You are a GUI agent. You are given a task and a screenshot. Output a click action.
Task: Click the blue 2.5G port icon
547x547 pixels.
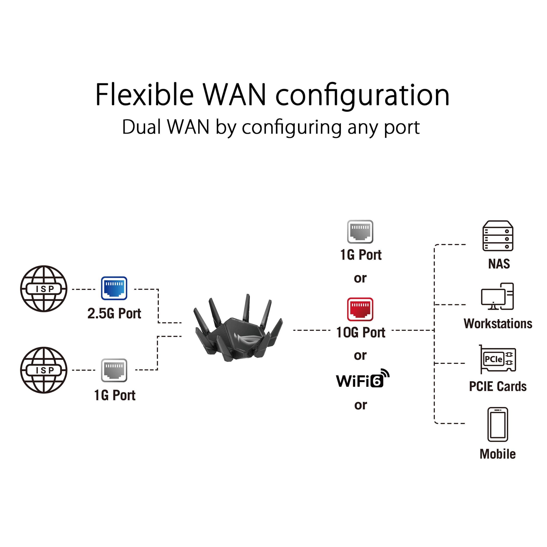coord(114,288)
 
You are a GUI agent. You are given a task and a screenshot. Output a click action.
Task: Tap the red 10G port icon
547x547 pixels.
coord(360,309)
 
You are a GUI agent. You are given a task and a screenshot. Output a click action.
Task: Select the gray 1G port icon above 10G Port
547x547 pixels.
coord(360,231)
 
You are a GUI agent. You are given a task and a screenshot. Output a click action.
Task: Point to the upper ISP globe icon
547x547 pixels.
coord(44,289)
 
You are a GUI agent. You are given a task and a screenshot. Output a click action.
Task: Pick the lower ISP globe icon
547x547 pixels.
coord(44,370)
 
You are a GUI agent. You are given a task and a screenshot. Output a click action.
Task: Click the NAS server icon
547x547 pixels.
coord(498,236)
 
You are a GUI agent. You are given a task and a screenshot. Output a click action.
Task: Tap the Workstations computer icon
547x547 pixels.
coord(497,296)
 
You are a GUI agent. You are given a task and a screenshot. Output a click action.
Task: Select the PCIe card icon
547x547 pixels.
coord(498,359)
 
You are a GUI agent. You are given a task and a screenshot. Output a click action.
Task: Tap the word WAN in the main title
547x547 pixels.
coord(234,95)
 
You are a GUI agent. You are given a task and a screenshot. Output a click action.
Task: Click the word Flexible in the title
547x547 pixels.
coord(144,95)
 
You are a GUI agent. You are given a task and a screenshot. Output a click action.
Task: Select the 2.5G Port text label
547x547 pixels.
coord(114,313)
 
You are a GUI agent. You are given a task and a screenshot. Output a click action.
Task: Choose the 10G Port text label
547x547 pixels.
coord(361,332)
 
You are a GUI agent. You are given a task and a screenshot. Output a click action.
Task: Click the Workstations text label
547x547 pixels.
coord(498,324)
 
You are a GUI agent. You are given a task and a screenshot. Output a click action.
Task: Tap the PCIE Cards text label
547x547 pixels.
coord(498,386)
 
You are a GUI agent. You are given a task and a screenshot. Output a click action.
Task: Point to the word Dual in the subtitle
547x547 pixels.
coord(142,127)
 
